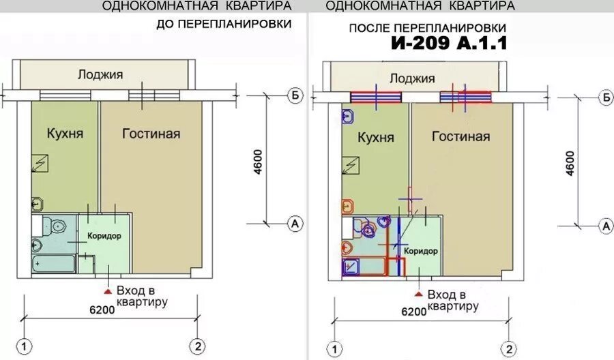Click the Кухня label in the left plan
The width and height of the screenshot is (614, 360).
(65, 133)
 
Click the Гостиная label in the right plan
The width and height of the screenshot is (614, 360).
(461, 136)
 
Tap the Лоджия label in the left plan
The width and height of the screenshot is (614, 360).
(100, 74)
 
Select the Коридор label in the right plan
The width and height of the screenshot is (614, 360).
(421, 250)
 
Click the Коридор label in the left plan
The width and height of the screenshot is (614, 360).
(104, 235)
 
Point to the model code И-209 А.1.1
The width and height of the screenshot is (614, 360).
(449, 43)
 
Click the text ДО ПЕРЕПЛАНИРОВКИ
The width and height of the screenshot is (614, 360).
(224, 24)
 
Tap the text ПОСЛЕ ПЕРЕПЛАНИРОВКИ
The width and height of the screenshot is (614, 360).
(428, 28)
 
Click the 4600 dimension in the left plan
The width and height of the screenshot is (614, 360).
(258, 162)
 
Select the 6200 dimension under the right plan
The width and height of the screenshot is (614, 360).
(414, 312)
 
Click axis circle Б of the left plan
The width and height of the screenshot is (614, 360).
(295, 95)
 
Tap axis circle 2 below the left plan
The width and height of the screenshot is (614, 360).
(198, 346)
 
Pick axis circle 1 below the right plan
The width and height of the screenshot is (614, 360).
(334, 348)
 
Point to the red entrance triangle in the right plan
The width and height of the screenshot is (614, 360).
(419, 294)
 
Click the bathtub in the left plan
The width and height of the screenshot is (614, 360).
(54, 264)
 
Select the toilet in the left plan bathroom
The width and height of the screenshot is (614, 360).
(55, 226)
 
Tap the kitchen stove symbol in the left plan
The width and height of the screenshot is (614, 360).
(40, 163)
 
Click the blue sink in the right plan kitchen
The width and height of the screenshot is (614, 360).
(348, 116)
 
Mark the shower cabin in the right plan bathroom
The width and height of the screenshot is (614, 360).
(351, 267)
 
